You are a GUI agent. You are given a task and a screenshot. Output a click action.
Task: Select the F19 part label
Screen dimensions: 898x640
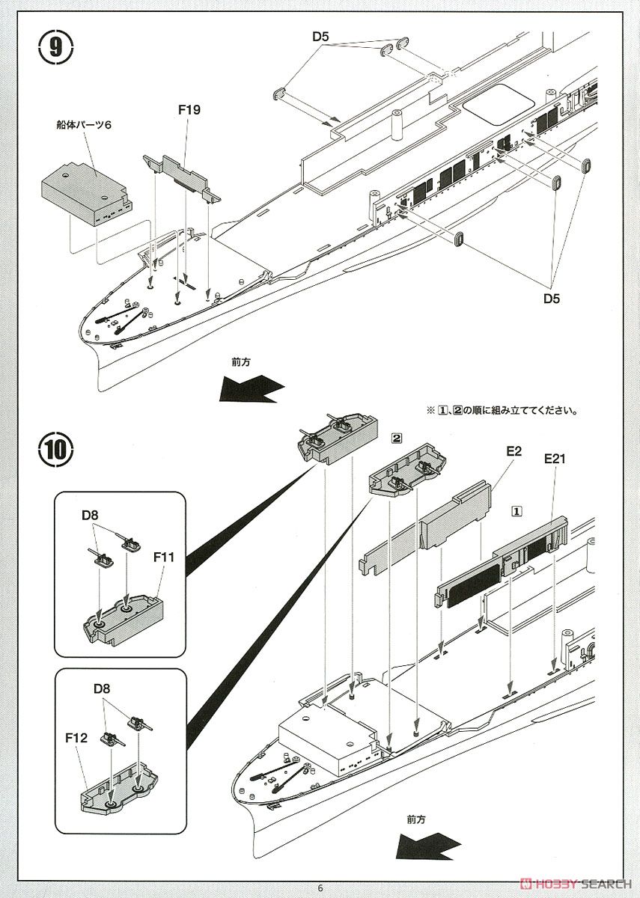point(189,110)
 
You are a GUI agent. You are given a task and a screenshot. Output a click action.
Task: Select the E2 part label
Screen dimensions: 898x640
point(513,451)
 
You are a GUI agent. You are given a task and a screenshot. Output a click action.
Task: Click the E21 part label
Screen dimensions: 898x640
point(554,459)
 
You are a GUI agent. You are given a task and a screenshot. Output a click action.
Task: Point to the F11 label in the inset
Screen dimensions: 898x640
point(164,557)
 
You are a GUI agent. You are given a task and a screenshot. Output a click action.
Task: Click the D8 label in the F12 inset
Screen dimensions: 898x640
point(103,688)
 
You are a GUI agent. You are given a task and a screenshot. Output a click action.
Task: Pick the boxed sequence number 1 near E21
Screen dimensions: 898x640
point(516,510)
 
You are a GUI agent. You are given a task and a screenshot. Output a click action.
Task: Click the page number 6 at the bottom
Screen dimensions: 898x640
point(320,888)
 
